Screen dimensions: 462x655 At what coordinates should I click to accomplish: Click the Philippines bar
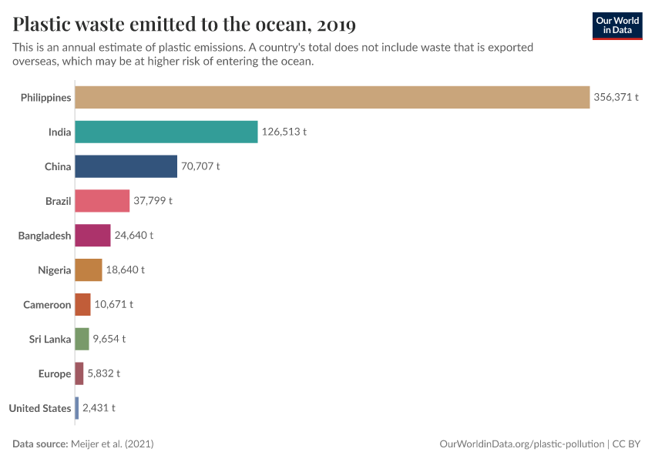tap(331, 98)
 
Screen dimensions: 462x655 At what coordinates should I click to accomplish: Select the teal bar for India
tap(166, 132)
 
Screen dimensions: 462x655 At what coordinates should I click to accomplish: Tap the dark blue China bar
tap(126, 166)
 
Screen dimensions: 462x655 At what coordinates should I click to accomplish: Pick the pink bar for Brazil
tap(102, 201)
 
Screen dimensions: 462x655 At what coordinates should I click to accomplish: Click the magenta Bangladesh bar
tap(92, 236)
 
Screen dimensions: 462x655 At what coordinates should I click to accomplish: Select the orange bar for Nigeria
tap(88, 270)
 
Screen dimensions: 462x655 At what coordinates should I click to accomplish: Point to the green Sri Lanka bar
tap(82, 339)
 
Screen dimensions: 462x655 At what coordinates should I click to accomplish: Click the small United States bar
tap(77, 408)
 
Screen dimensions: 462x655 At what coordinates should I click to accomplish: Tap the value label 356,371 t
tap(616, 98)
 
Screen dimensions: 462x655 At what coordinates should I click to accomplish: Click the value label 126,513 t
tap(284, 132)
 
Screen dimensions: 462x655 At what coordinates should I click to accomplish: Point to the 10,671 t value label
tap(113, 304)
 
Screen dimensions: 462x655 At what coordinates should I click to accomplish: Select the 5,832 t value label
tap(103, 373)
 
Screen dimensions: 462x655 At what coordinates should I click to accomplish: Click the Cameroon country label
tap(47, 305)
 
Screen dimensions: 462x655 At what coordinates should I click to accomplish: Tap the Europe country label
tap(55, 373)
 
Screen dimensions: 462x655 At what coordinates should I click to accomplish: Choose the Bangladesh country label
tap(45, 236)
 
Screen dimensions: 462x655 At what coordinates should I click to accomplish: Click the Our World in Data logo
tap(616, 25)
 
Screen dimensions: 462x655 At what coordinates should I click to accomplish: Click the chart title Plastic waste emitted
tap(184, 25)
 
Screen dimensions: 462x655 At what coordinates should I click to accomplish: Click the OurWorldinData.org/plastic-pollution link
tap(522, 444)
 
